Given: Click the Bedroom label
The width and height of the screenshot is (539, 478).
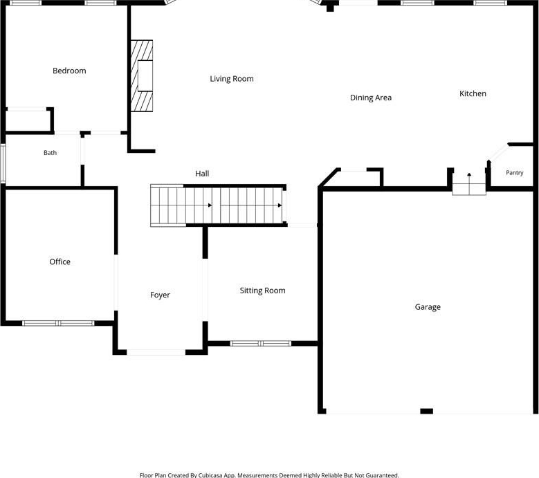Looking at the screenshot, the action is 69,71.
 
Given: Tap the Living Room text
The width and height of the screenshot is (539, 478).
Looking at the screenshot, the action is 232,79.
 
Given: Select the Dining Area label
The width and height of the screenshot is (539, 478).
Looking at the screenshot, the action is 371,98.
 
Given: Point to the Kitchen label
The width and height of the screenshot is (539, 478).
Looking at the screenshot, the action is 473,93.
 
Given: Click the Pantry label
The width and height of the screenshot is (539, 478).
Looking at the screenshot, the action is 515,172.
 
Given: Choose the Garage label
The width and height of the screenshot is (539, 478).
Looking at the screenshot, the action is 428,307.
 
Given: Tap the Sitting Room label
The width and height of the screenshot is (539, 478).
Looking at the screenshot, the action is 262,291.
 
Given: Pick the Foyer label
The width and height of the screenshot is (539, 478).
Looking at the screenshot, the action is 160,295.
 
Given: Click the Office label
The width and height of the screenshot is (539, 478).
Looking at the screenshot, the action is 60,262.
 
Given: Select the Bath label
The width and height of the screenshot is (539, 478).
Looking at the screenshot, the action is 51,153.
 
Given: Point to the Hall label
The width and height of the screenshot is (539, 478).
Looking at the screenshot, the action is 202,174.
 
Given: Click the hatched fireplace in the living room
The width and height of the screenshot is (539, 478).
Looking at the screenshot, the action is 142,76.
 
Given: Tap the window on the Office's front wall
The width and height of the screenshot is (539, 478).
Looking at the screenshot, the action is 58,323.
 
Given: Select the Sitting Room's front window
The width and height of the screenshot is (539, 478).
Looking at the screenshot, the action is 261,343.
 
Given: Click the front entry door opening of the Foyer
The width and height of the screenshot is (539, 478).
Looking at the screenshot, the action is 156,352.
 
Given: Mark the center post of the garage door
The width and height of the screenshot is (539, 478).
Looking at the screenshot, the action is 427,411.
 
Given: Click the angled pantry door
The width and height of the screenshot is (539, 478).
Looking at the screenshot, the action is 498,152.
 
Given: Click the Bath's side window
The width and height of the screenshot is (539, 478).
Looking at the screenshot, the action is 3,163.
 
